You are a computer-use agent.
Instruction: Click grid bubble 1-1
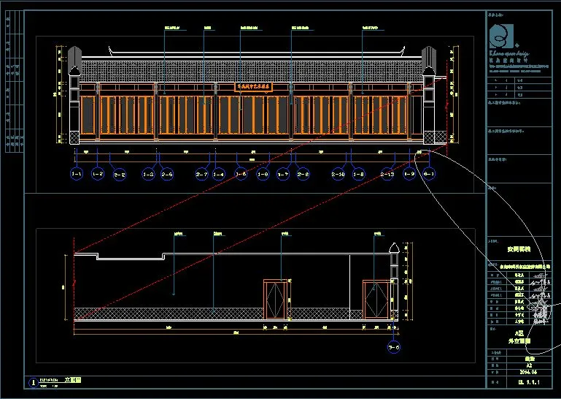77,175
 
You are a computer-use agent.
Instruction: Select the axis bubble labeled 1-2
98,175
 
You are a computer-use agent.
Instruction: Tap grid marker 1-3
148,175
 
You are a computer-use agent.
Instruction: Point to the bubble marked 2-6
167,175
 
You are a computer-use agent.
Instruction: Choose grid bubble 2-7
202,175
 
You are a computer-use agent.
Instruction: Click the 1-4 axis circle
218,175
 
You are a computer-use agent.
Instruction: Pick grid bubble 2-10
338,175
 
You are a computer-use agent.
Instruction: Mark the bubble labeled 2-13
388,175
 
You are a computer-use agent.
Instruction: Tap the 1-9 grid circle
409,175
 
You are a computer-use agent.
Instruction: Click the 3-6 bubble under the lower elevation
394,349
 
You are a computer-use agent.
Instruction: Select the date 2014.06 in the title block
521,371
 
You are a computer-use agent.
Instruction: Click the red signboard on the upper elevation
252,86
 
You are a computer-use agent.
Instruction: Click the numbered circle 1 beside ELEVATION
32,382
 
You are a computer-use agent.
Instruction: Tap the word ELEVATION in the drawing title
48,380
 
